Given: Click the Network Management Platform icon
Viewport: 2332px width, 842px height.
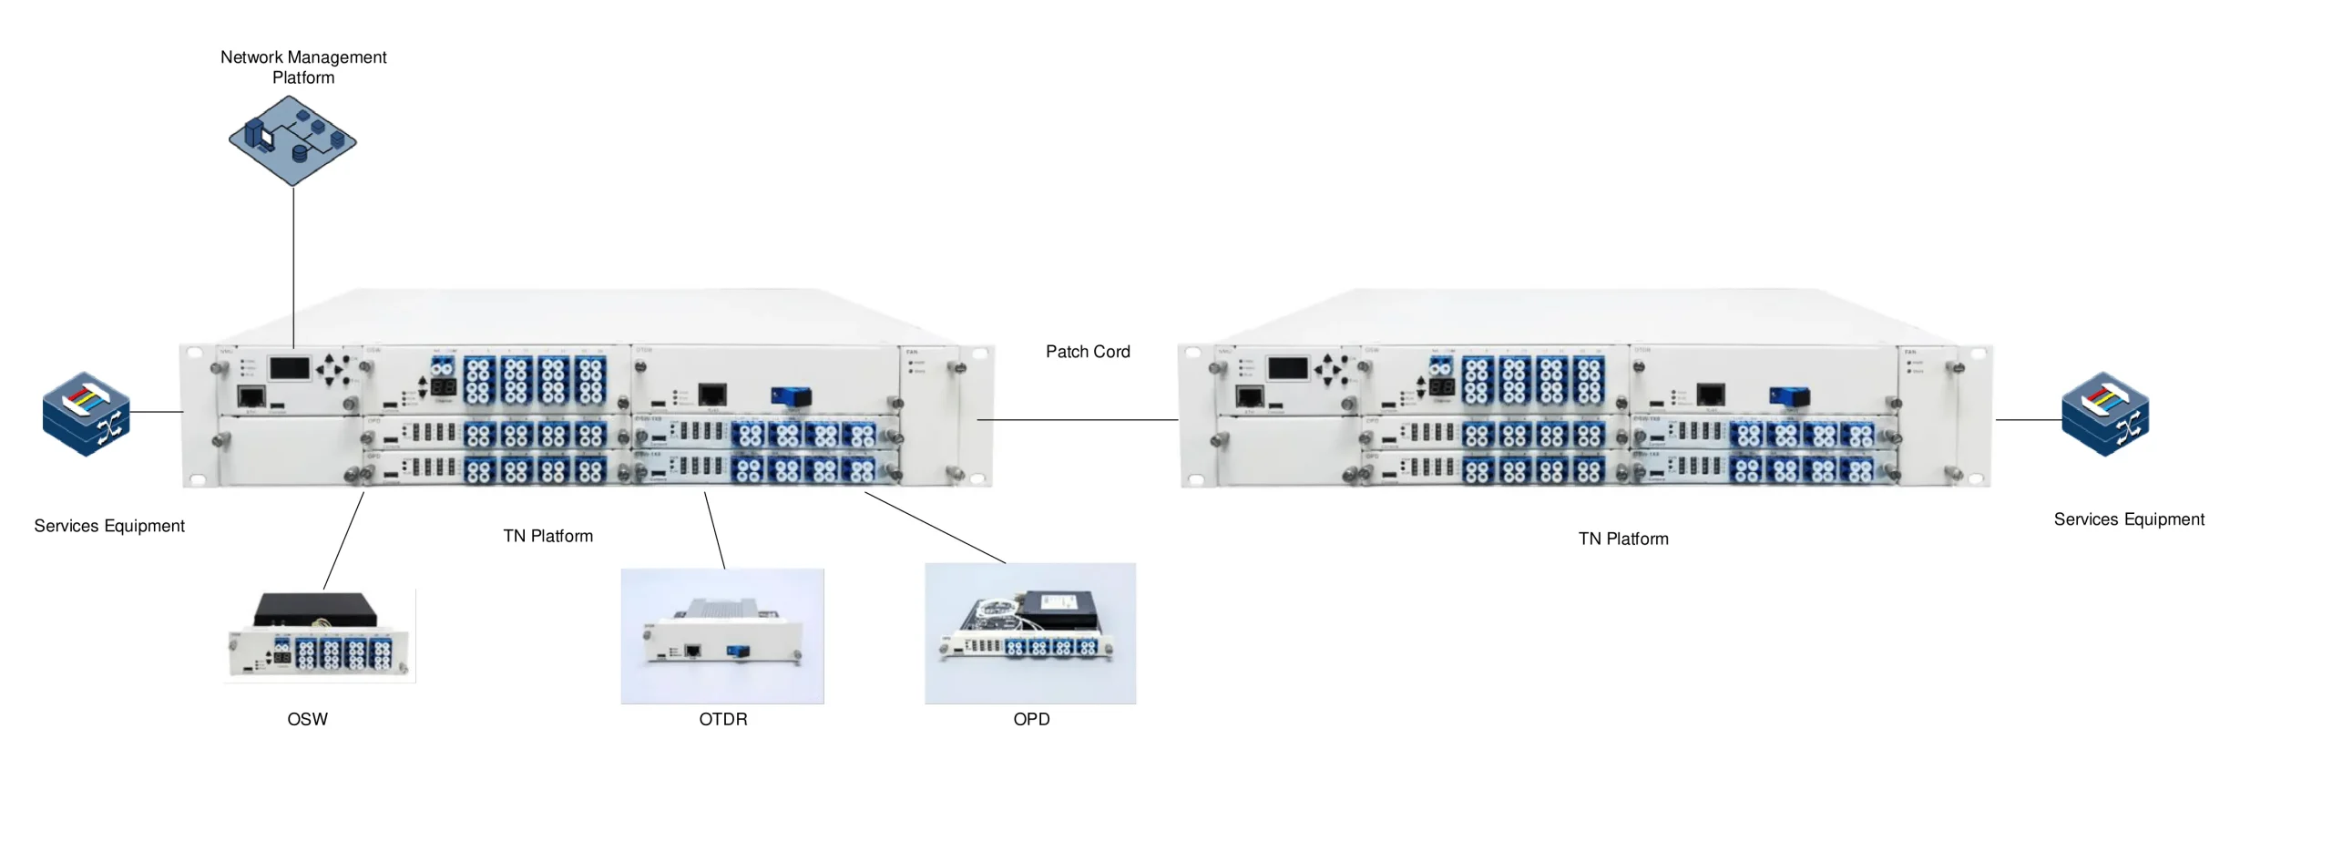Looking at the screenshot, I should point(291,140).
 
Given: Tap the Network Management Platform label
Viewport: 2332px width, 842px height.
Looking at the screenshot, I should point(303,67).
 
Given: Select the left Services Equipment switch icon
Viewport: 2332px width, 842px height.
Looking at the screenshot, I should point(87,414).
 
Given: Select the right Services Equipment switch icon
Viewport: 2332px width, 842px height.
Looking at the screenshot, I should point(2104,414).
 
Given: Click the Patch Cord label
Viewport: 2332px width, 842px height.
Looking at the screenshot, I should point(1087,352).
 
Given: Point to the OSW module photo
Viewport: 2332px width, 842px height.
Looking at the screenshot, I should point(320,635).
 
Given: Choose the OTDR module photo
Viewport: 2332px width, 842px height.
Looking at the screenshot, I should point(722,636).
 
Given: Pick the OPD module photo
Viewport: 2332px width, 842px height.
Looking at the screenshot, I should point(1029,633).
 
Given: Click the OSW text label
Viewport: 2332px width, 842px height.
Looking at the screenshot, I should point(307,719).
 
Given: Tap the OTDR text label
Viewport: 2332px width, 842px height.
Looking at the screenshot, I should point(722,719).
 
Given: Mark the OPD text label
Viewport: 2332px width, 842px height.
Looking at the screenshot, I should point(1031,719).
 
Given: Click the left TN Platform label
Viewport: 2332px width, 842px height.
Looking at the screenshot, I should point(547,536).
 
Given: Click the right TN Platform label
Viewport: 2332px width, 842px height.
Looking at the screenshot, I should point(1622,539).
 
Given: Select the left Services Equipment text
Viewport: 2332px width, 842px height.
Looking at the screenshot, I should point(109,526).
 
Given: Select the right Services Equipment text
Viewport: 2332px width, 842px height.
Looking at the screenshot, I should point(2128,519).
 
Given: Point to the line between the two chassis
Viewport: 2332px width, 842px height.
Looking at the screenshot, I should point(1077,420).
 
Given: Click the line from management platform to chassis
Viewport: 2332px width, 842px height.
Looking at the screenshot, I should point(293,264).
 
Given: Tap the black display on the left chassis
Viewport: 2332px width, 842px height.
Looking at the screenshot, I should point(290,368).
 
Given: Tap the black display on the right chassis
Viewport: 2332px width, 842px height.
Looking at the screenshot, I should point(1287,368).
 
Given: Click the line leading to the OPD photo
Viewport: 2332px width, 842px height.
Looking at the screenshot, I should point(935,528).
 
